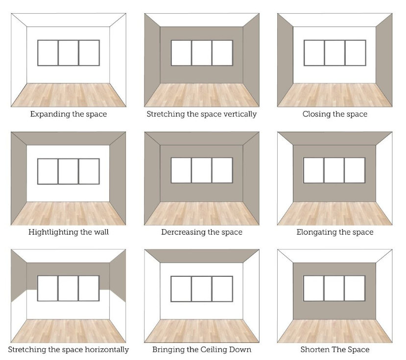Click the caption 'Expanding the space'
click(x=68, y=114)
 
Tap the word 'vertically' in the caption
click(x=239, y=114)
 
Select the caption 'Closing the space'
click(x=334, y=114)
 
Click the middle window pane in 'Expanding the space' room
click(x=68, y=53)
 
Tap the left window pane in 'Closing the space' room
click(x=314, y=53)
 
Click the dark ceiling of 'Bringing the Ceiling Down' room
click(x=202, y=255)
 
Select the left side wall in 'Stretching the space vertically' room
click(x=152, y=59)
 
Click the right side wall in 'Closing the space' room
click(x=384, y=59)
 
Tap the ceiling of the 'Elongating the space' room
click(x=334, y=138)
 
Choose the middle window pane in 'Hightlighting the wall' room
click(x=68, y=170)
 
